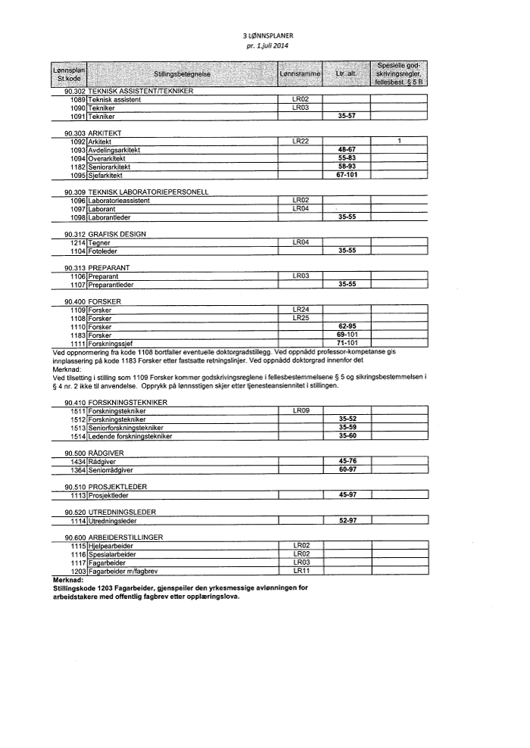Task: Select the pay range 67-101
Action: [347, 175]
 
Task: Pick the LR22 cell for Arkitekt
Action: [301, 142]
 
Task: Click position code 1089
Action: [77, 100]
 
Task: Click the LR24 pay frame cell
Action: [301, 310]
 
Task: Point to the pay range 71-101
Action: [347, 344]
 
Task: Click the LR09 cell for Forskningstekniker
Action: [301, 410]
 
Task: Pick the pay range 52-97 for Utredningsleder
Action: [347, 521]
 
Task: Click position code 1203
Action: [77, 572]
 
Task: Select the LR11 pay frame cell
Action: [301, 572]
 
